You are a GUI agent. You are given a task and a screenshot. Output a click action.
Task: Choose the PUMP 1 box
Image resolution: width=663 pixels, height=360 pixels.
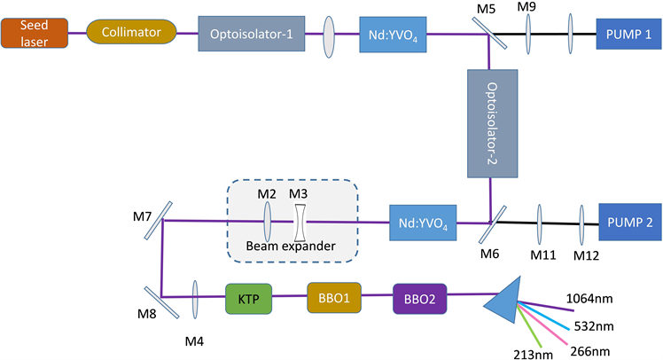point(628,34)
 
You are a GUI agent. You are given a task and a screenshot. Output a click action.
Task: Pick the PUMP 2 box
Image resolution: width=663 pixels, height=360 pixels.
point(629,222)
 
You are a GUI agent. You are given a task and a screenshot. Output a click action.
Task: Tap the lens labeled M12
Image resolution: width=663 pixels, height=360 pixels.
point(582,221)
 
